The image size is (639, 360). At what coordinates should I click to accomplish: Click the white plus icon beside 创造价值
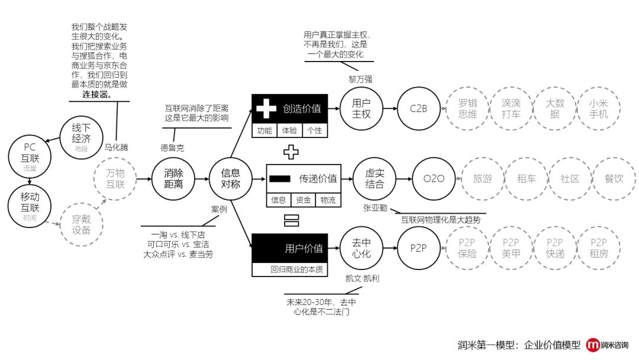click(266, 109)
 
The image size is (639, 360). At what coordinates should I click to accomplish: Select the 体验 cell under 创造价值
click(290, 131)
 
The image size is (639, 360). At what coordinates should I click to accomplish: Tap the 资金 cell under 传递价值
click(304, 201)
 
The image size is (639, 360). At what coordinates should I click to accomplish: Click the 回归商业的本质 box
click(296, 269)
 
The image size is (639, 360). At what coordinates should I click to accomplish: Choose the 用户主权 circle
click(361, 108)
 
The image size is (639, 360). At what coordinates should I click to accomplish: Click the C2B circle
click(418, 109)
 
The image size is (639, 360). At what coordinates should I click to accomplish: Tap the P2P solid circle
click(418, 248)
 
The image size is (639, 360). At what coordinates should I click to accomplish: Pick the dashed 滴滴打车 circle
click(511, 108)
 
